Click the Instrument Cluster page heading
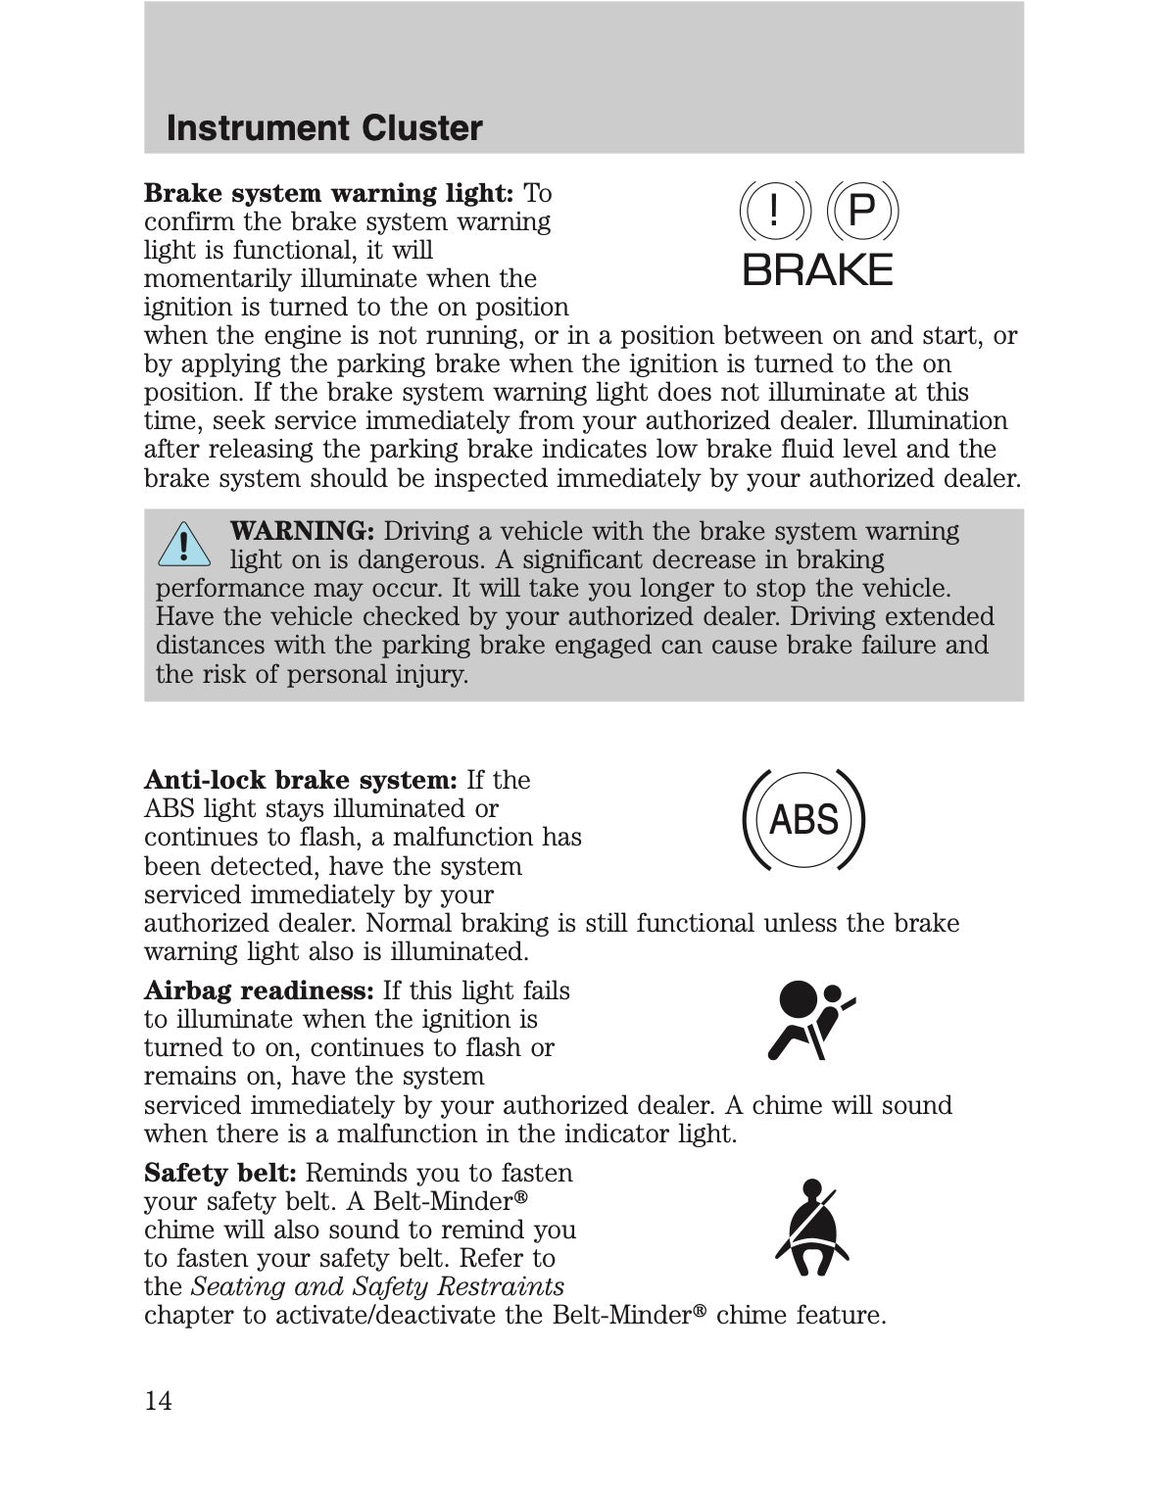pyautogui.click(x=324, y=128)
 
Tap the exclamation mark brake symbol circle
pyautogui.click(x=774, y=212)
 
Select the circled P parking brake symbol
pyautogui.click(x=860, y=212)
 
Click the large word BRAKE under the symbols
pyautogui.click(x=818, y=269)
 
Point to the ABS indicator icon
pyautogui.click(x=804, y=819)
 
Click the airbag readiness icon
pyautogui.click(x=807, y=1020)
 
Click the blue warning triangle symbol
pyautogui.click(x=183, y=546)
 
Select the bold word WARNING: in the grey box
pyautogui.click(x=302, y=531)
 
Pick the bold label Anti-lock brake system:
pyautogui.click(x=301, y=780)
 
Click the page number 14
pyautogui.click(x=158, y=1401)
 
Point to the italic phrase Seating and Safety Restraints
pyautogui.click(x=377, y=1286)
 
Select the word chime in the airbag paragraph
pyautogui.click(x=786, y=1105)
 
